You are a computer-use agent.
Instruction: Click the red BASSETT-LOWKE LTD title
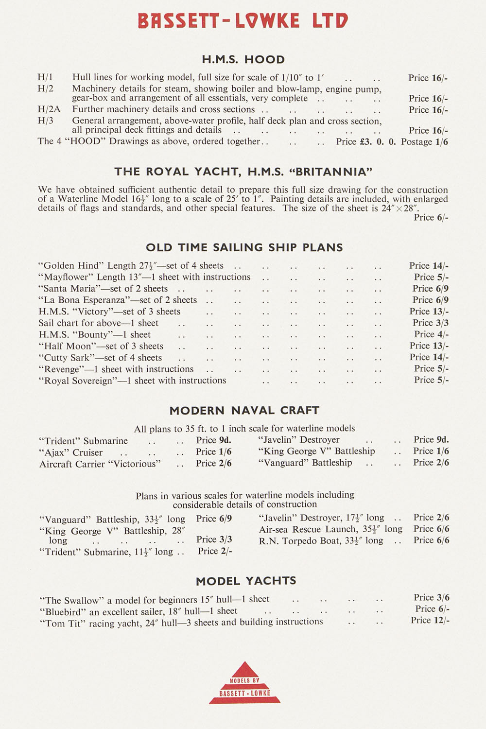[x=243, y=21]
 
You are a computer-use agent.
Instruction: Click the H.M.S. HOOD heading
[x=243, y=60]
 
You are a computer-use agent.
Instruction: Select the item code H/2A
[x=49, y=110]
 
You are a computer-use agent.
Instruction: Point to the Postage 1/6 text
[x=424, y=142]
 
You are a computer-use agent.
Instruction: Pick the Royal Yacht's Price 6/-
[x=431, y=217]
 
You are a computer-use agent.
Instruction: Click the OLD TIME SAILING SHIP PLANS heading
[x=244, y=247]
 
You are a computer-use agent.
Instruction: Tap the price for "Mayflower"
[x=431, y=277]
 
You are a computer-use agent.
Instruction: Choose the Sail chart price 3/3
[x=430, y=323]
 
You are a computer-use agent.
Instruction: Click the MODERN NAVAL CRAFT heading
[x=244, y=411]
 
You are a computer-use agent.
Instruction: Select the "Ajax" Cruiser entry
[x=71, y=452]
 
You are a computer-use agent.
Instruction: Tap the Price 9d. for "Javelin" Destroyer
[x=431, y=439]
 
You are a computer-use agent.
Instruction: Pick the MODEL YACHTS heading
[x=246, y=581]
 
